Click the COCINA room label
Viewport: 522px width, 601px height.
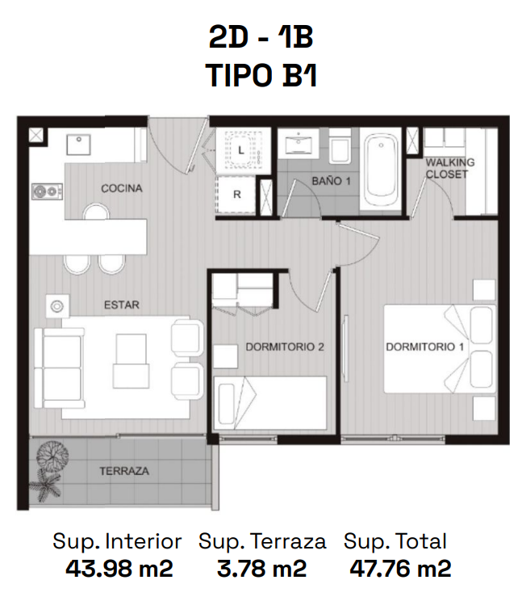pyautogui.click(x=122, y=188)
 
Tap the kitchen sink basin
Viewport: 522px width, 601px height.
pyautogui.click(x=78, y=145)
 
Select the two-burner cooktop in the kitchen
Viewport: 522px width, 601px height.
pyautogui.click(x=48, y=191)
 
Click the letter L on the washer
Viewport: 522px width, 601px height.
pyautogui.click(x=241, y=150)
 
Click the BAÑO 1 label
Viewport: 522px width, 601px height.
pyautogui.click(x=331, y=181)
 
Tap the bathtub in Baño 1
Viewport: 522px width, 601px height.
pyautogui.click(x=381, y=170)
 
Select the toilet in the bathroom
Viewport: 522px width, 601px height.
pyautogui.click(x=340, y=146)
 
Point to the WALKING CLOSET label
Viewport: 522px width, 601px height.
pyautogui.click(x=450, y=168)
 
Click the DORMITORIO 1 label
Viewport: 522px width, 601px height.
pyautogui.click(x=425, y=347)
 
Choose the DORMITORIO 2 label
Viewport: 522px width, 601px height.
pyautogui.click(x=285, y=347)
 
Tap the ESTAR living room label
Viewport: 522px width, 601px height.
pyautogui.click(x=122, y=305)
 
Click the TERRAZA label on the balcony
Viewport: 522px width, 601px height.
pyautogui.click(x=124, y=471)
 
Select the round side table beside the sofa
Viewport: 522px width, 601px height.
pyautogui.click(x=57, y=306)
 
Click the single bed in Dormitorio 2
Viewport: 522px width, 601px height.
pyautogui.click(x=270, y=403)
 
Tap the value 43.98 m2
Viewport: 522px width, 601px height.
pyautogui.click(x=119, y=569)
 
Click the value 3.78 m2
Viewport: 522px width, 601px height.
pyautogui.click(x=261, y=569)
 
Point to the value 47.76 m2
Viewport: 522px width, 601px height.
pyautogui.click(x=400, y=569)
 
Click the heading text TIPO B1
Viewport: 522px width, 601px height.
pyautogui.click(x=261, y=75)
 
